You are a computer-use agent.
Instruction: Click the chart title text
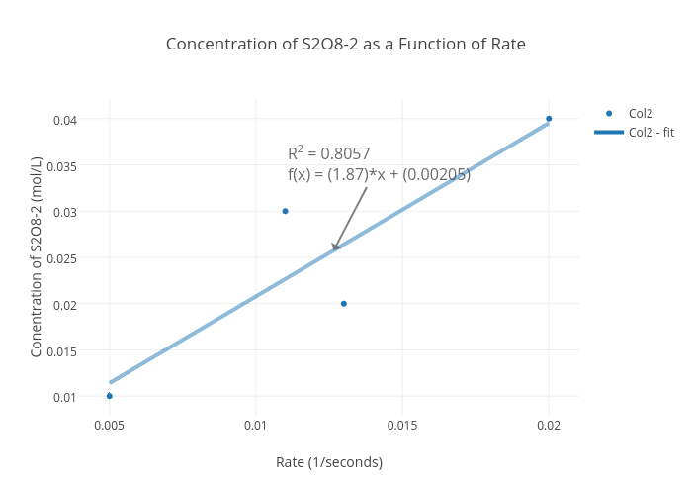(x=345, y=44)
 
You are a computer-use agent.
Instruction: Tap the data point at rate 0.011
(x=285, y=211)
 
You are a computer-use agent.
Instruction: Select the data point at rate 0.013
(x=343, y=304)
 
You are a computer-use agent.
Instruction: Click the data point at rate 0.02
(x=549, y=119)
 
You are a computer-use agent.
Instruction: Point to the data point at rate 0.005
(x=109, y=396)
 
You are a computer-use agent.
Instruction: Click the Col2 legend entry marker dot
(x=609, y=113)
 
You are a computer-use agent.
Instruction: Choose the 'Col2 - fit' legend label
(x=650, y=132)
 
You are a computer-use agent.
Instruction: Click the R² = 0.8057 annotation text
(x=329, y=153)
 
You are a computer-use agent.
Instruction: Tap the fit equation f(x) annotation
(x=379, y=175)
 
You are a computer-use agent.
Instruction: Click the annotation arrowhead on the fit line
(x=335, y=247)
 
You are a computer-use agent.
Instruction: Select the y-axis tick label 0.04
(x=65, y=120)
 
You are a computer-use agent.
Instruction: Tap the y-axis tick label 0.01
(x=65, y=397)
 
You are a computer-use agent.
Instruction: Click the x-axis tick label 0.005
(x=109, y=425)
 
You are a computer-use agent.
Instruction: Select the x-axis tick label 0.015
(x=401, y=425)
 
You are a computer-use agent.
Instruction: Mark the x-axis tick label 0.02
(x=549, y=425)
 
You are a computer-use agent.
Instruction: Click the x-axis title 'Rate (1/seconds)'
(x=329, y=462)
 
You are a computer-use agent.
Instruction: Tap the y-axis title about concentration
(x=37, y=257)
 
